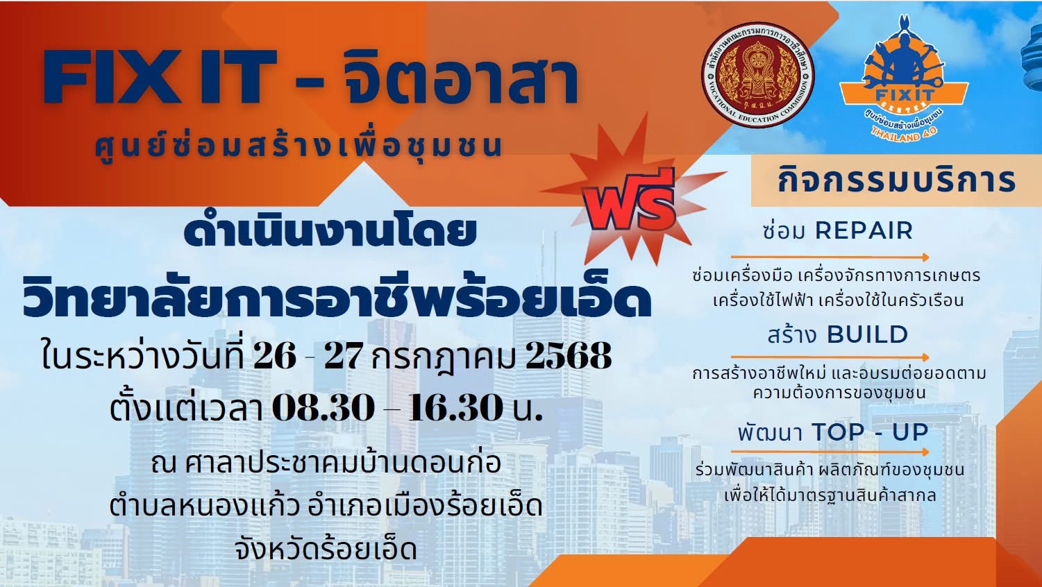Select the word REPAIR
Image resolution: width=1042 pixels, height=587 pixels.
coord(864,231)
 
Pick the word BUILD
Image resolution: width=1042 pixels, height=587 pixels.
coord(868,334)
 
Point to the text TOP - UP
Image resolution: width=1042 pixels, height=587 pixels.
coord(870,432)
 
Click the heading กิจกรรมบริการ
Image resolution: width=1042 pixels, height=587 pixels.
coord(896,180)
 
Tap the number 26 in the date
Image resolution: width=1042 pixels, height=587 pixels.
coord(275,357)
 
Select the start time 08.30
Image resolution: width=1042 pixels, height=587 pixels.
coord(323,407)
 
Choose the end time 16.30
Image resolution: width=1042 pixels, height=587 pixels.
coord(456,407)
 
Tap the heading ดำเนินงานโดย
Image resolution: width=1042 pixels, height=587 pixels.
coord(330,231)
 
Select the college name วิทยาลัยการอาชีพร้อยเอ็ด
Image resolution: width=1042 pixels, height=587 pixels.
coord(337,298)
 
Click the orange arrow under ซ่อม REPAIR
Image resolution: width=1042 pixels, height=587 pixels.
coord(830,257)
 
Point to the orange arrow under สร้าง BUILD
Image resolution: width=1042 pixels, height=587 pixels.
coord(830,357)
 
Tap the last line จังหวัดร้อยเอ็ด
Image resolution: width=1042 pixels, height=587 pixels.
coord(326,549)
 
